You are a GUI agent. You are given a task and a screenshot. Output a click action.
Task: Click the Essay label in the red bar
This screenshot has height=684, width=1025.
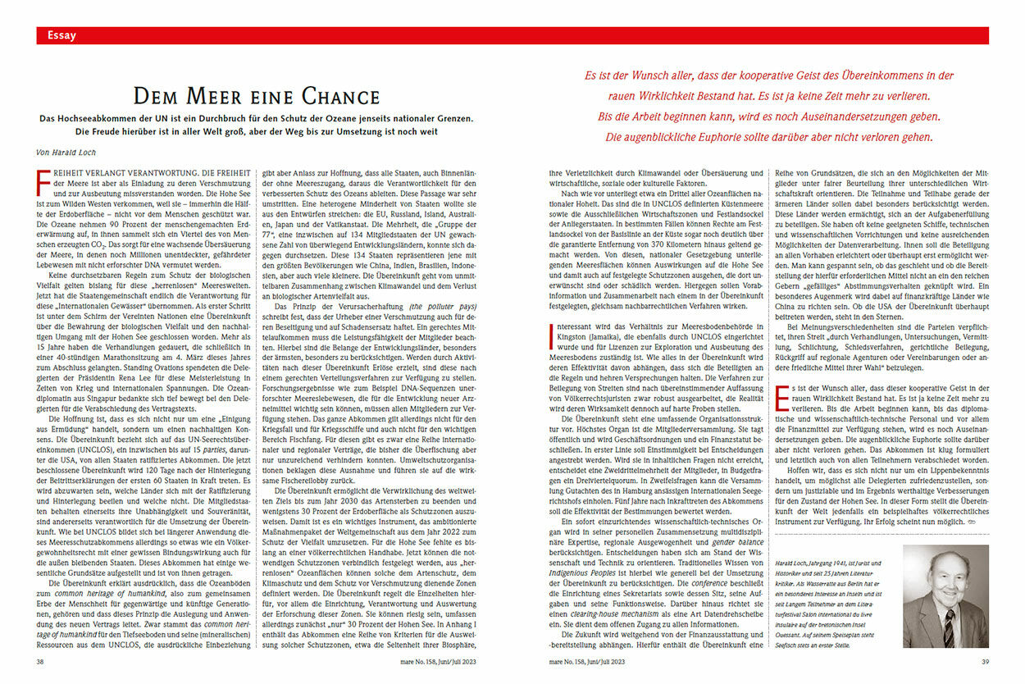coord(62,35)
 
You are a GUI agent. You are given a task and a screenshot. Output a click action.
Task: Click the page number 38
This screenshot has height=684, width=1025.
coord(41,661)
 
